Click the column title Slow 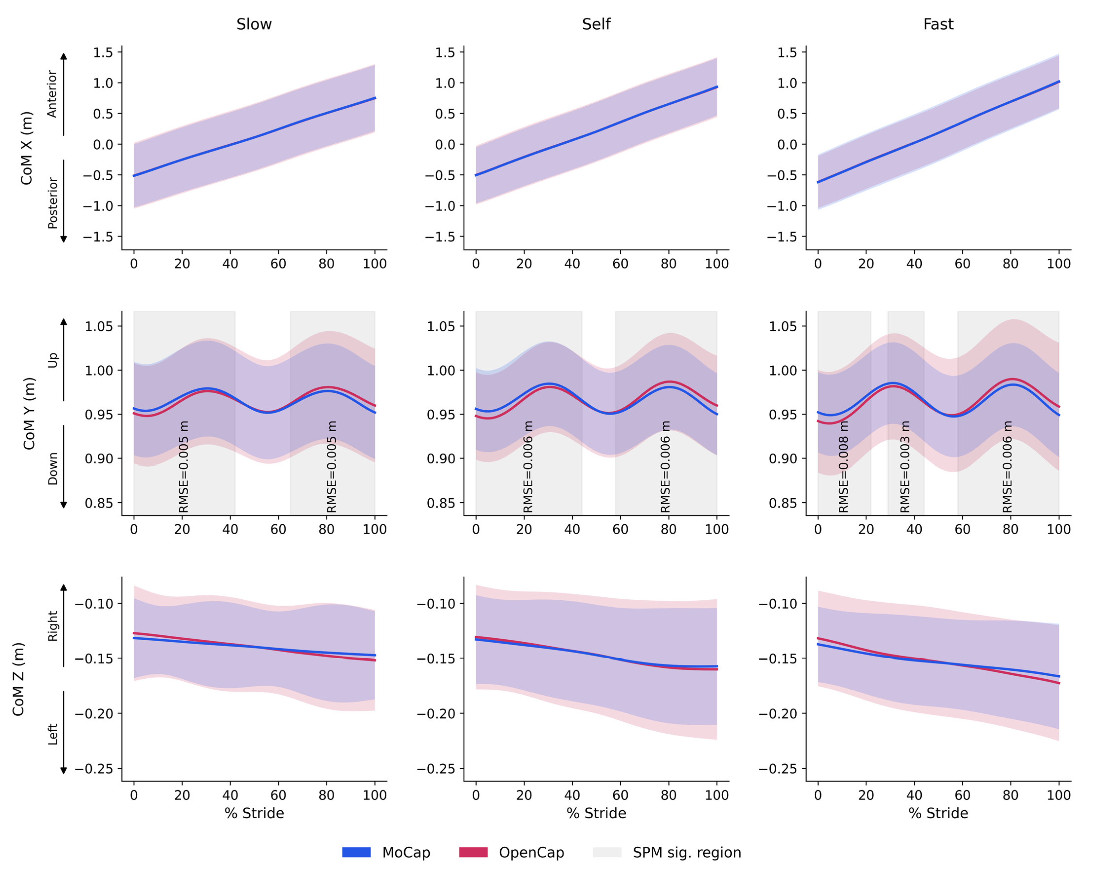point(254,24)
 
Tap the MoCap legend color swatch point(356,852)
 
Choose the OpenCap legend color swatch point(473,852)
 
